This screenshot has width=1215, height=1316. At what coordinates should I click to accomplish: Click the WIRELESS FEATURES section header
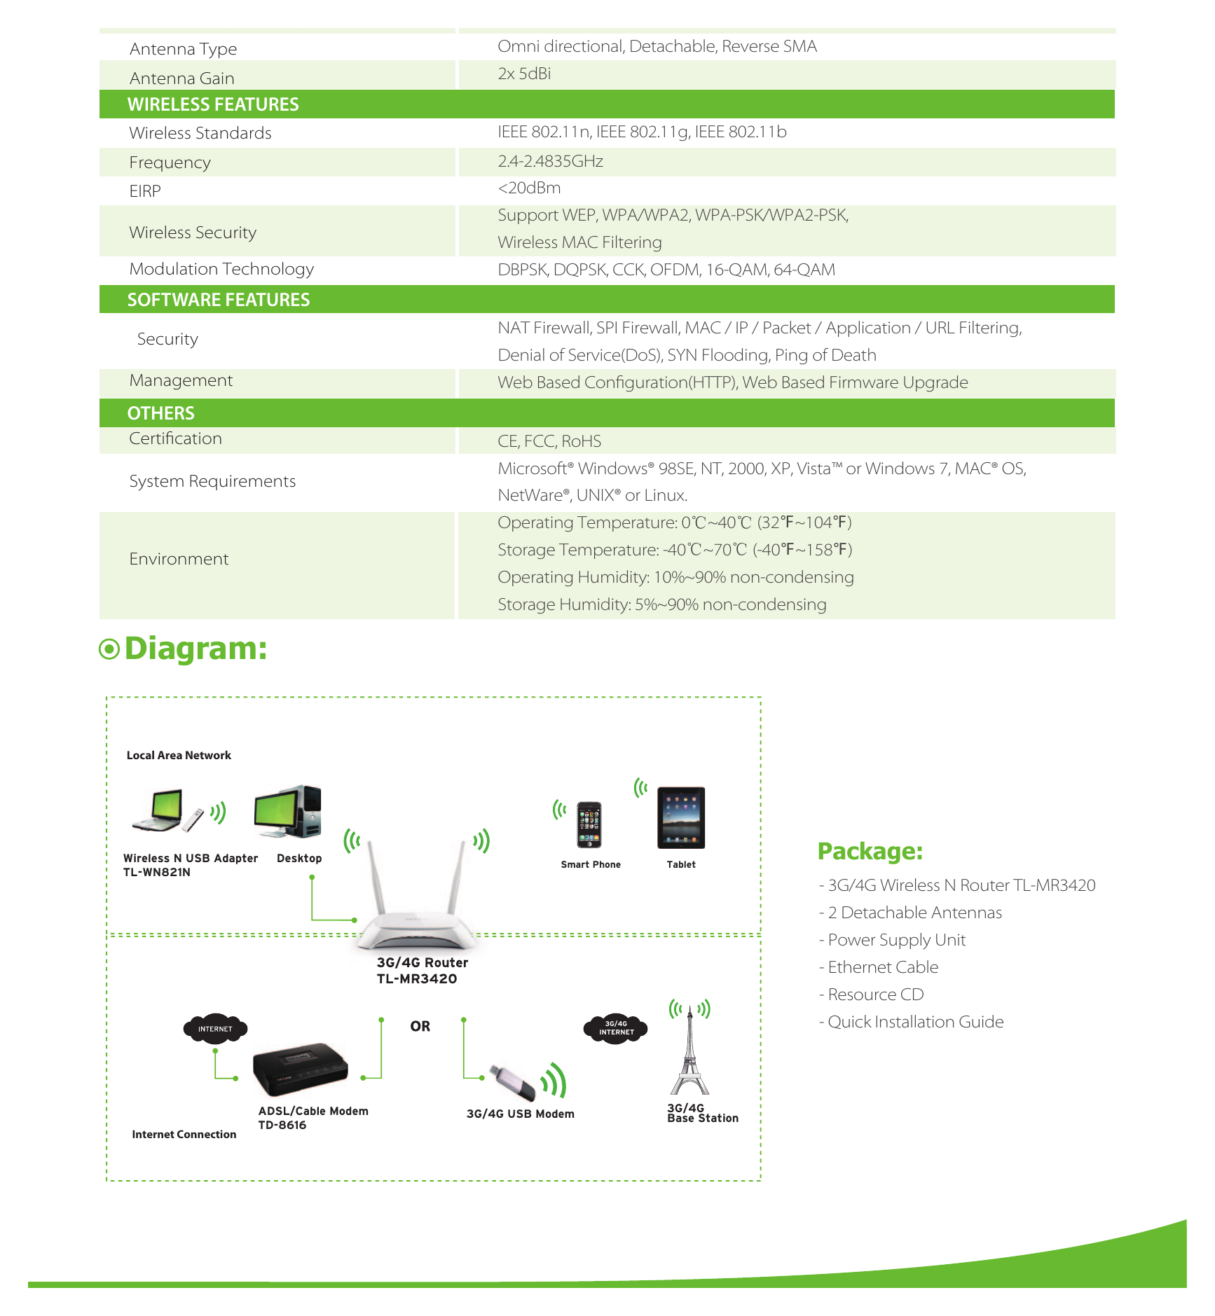tap(213, 104)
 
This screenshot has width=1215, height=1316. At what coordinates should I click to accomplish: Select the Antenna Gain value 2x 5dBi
tap(524, 74)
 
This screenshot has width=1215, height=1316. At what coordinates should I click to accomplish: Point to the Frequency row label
tap(170, 162)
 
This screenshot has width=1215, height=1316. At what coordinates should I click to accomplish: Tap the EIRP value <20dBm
tap(529, 188)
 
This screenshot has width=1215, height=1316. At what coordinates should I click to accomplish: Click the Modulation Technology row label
tap(221, 269)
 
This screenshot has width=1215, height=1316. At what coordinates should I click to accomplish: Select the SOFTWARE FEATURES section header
tap(219, 300)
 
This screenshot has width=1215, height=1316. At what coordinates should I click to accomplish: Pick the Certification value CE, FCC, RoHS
tap(549, 441)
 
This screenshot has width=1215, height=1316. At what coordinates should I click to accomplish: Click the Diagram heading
tap(195, 649)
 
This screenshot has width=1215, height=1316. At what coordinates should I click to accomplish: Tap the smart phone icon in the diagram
tap(589, 824)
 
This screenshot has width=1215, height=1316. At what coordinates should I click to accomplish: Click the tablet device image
tap(681, 817)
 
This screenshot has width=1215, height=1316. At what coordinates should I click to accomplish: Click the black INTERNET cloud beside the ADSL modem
tap(215, 1028)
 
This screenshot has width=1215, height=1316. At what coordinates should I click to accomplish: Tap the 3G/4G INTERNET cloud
tap(616, 1028)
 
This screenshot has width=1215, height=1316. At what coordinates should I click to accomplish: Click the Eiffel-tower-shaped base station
tap(689, 1051)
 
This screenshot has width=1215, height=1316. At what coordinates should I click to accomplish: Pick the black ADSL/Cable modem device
tap(300, 1068)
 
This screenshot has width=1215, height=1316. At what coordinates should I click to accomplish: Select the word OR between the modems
tap(420, 1026)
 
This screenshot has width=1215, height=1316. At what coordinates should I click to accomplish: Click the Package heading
tap(870, 851)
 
